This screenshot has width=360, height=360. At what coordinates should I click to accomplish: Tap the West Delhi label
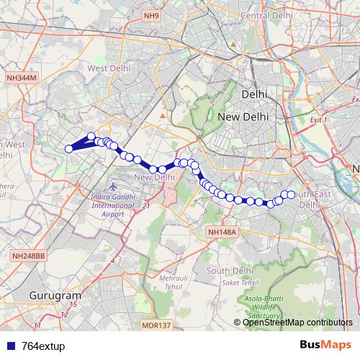coord(107,68)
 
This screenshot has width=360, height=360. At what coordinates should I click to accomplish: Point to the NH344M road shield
coord(20,77)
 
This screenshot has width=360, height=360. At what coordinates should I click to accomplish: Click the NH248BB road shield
coord(29,256)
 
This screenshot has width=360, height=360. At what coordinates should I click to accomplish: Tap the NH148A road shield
coord(221,232)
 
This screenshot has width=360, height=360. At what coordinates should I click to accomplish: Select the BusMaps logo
coord(330,346)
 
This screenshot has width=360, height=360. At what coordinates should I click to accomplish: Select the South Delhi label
coord(228,270)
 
